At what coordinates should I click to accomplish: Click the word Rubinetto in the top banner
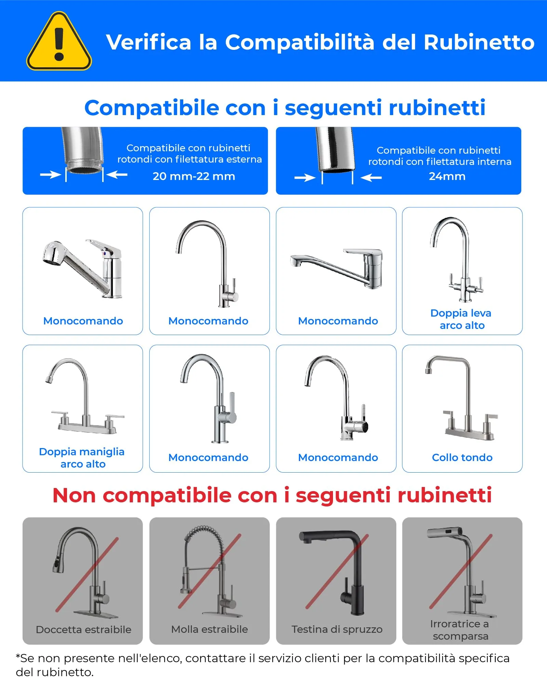coord(479,42)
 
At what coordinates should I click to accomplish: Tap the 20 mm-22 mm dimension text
coord(194,176)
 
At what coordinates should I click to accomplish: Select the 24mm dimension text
coord(447,176)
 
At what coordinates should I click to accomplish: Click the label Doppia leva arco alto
coord(462,319)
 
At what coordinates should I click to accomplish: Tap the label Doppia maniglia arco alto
coord(82,458)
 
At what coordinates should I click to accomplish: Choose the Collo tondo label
coord(462,457)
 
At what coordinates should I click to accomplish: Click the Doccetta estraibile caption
coord(83,629)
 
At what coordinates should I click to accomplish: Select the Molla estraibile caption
coord(210,629)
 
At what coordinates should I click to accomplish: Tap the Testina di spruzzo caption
coord(337,629)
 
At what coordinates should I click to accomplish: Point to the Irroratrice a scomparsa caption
coord(460,630)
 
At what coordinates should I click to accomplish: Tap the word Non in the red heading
coord(74,495)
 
